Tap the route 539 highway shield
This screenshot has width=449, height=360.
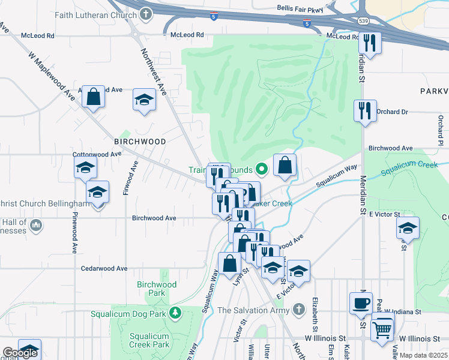pyautogui.click(x=363, y=21)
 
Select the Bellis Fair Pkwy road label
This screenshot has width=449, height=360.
pyautogui.click(x=300, y=9)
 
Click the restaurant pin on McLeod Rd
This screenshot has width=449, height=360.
pyautogui.click(x=369, y=43)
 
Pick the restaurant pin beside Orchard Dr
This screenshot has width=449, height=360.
pyautogui.click(x=364, y=110)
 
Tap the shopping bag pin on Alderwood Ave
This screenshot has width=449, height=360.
pyautogui.click(x=94, y=97)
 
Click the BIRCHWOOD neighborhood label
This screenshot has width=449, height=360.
pyautogui.click(x=140, y=142)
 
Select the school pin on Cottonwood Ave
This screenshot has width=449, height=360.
pyautogui.click(x=86, y=168)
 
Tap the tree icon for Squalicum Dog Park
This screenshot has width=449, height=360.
pyautogui.click(x=175, y=313)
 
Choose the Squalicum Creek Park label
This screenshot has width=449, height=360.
pyautogui.click(x=149, y=340)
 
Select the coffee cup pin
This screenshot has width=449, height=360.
pyautogui.click(x=361, y=303)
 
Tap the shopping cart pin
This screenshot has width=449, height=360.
pyautogui.click(x=382, y=329)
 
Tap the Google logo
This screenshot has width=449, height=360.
pyautogui.click(x=20, y=353)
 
